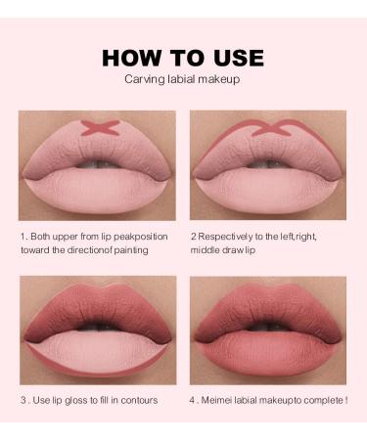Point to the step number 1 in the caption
coord(22,236)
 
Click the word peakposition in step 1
coord(146,236)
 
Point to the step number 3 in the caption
coord(23,402)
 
